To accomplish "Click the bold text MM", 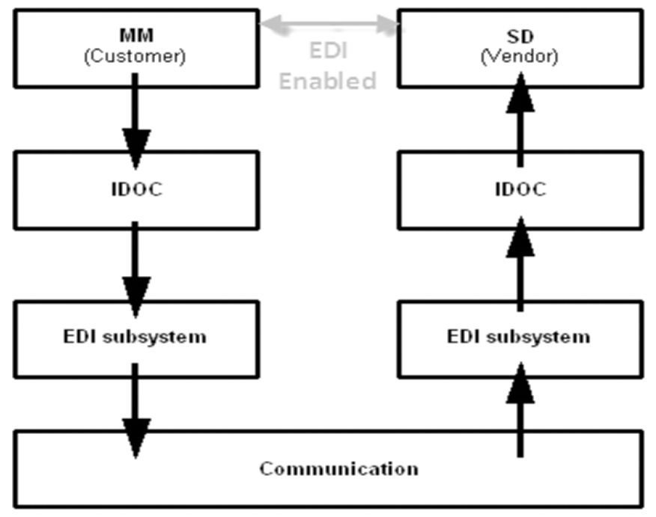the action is (x=136, y=35).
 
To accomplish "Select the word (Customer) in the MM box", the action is (x=135, y=56).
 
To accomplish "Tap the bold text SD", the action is (x=520, y=37).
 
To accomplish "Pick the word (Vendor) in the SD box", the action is (x=520, y=56).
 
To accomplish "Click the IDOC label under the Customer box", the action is (x=137, y=189).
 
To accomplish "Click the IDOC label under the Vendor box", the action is (x=520, y=189).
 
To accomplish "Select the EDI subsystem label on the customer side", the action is (x=135, y=337).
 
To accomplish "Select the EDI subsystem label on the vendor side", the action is (x=519, y=337).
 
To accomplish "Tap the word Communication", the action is (x=339, y=468).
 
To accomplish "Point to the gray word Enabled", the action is (x=327, y=81).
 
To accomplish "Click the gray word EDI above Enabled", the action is (x=329, y=51).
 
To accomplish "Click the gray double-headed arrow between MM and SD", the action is (x=329, y=24).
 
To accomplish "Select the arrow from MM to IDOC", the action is (x=135, y=121).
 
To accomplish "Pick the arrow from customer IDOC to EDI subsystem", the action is (x=135, y=269).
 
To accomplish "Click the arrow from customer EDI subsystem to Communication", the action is (x=135, y=411).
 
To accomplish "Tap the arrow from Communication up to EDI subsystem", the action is (x=520, y=409).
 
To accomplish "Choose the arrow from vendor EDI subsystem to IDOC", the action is (x=520, y=263).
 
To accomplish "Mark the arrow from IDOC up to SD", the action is (x=520, y=120).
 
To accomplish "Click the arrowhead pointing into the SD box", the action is (x=520, y=93).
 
